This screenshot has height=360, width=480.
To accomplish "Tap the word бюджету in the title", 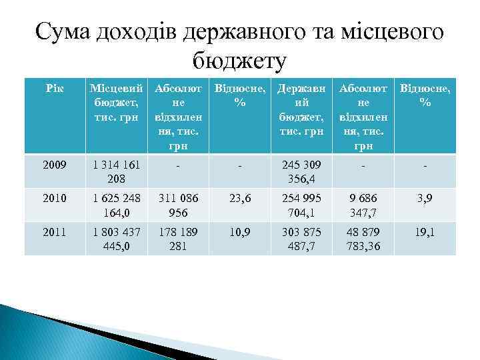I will pos(239,61).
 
